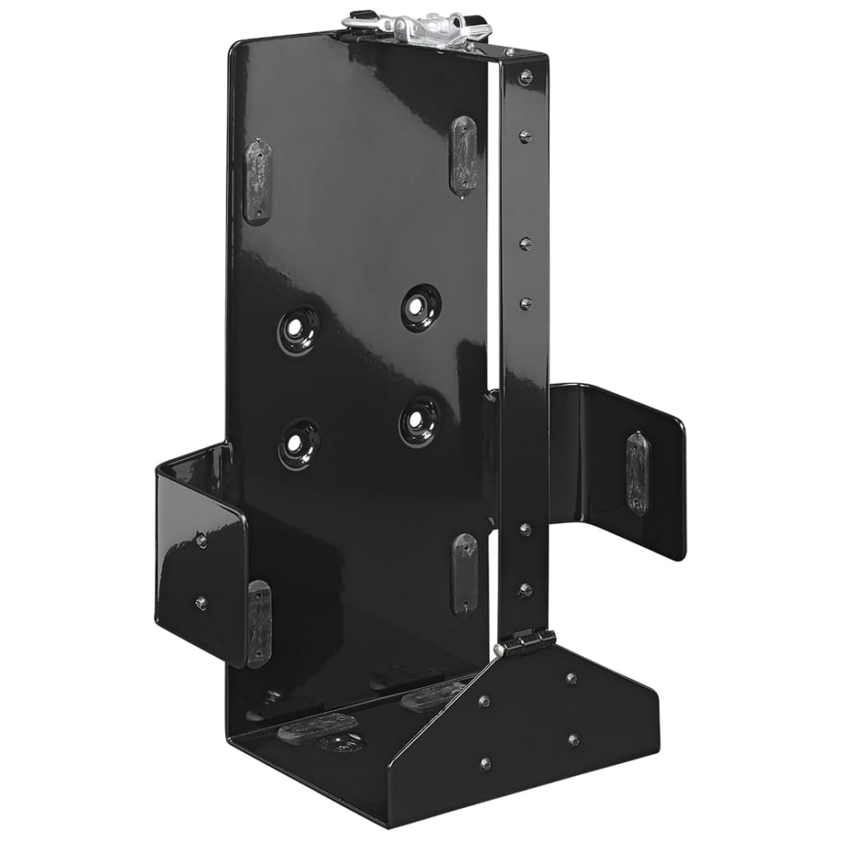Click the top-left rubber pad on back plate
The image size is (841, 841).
[258, 180]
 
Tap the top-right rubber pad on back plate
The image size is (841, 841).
[463, 155]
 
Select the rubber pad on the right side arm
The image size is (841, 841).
[636, 474]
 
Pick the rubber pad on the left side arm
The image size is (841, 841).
[258, 622]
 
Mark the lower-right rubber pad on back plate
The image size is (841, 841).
[464, 572]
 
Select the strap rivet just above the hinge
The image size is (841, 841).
[525, 589]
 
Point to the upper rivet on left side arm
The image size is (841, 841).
[201, 540]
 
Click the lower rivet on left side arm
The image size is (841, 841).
[200, 604]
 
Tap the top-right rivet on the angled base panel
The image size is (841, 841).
[572, 678]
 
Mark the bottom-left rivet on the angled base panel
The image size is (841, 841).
[485, 763]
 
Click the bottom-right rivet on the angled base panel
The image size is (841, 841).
[572, 740]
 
